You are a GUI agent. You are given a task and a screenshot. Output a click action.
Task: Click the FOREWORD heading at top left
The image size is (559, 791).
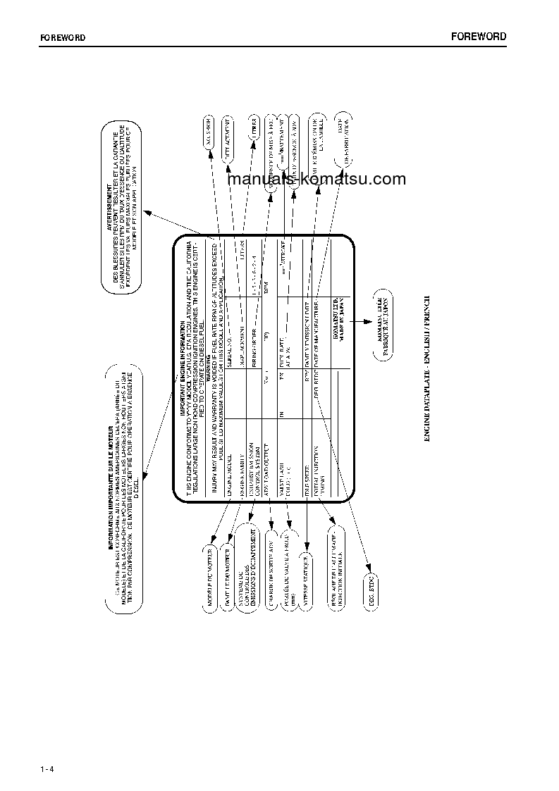(x=62, y=38)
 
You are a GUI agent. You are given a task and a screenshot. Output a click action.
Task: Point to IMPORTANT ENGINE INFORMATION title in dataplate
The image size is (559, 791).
(x=182, y=367)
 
